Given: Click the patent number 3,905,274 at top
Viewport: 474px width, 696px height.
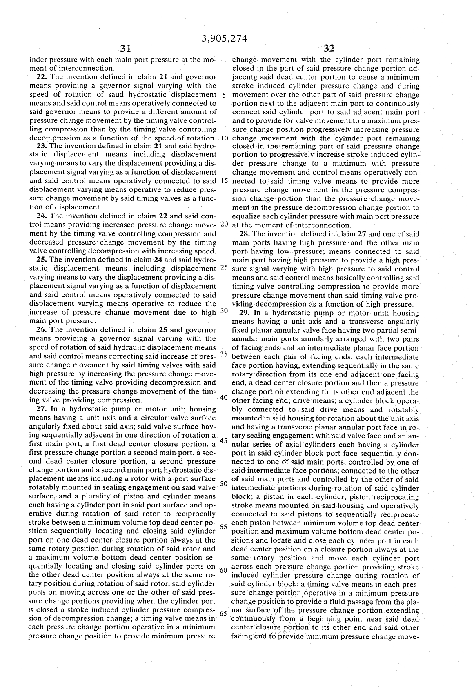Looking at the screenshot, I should pos(225,39).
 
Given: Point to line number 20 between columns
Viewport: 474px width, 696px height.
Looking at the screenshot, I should pos(224,224).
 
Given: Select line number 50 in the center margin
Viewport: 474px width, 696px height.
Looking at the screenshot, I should pos(224,484).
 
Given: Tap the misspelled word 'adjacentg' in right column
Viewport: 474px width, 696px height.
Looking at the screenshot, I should pos(248,77).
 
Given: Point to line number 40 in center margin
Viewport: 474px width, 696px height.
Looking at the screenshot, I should pos(224,397).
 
